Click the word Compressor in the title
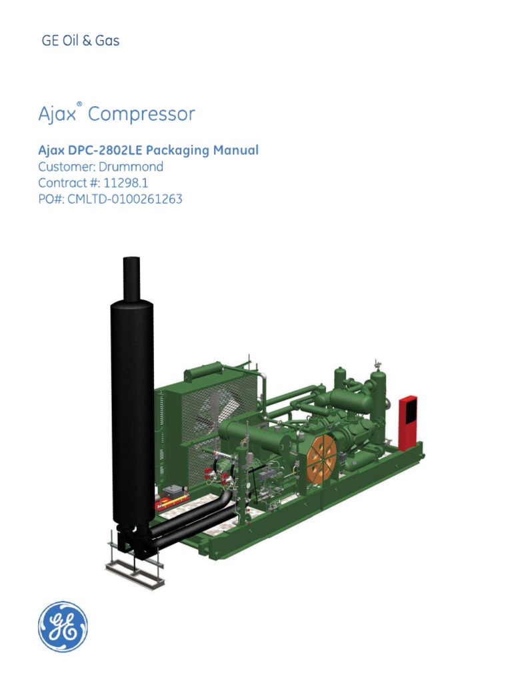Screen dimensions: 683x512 tap(141, 114)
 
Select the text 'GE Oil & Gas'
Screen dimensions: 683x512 tap(81, 41)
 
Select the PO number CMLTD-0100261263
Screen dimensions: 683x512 tap(125, 199)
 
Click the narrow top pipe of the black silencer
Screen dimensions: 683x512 tap(131, 277)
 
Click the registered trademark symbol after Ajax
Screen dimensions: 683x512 tap(79, 105)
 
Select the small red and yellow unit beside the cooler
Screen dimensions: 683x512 tap(173, 497)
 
